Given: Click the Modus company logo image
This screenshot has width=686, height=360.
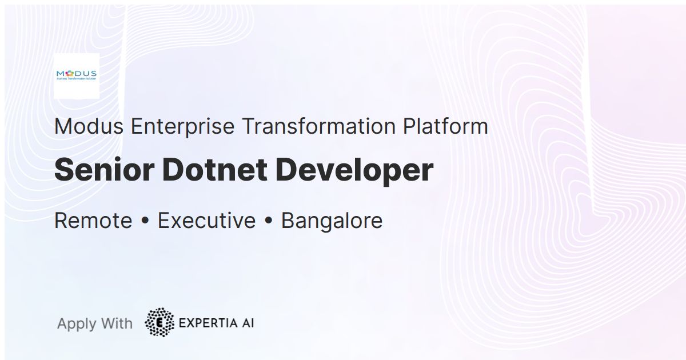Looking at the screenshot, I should point(76,75).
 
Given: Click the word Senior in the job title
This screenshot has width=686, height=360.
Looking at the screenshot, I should point(105,170).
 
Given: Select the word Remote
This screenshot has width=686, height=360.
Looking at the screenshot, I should point(93,221).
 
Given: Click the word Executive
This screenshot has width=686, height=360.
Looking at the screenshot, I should point(206,221).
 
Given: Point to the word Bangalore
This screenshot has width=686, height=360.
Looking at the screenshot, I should point(332,221).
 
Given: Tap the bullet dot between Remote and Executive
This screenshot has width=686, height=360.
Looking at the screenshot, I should point(145,221).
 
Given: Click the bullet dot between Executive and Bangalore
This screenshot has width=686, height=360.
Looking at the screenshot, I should point(268,221).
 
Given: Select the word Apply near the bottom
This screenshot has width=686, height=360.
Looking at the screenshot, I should point(77,324).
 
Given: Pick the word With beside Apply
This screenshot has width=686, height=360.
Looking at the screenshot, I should point(116,323).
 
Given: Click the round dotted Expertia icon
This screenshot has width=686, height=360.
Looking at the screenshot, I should point(159,323).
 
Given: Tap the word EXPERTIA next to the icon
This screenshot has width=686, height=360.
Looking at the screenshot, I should point(206,323).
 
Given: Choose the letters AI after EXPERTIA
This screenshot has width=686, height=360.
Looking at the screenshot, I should point(247,323).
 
